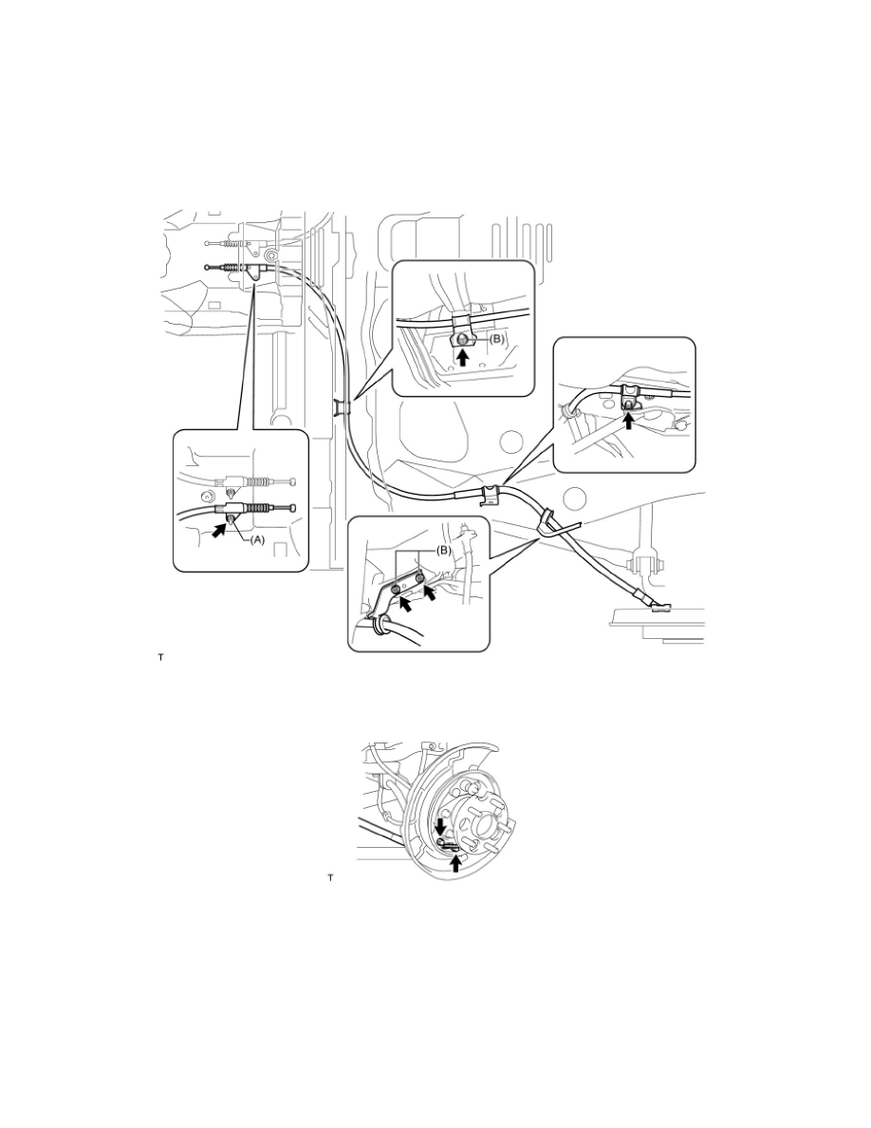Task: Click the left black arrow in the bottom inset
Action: (390, 602)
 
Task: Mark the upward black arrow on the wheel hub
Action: (456, 862)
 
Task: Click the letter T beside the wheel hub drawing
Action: (330, 878)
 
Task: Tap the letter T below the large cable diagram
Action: (161, 656)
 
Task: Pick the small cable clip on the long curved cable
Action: (341, 408)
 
